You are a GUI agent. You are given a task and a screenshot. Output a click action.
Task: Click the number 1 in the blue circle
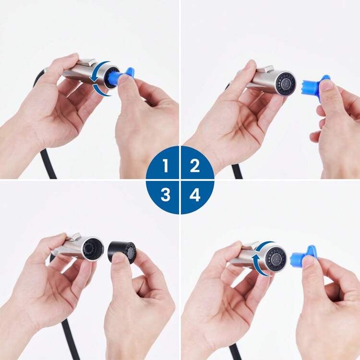(x=166, y=166)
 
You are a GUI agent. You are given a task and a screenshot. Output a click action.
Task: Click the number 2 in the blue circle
(x=195, y=166)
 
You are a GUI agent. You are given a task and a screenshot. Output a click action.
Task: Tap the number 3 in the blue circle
(x=165, y=195)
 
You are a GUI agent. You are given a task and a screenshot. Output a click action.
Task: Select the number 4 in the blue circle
(x=195, y=195)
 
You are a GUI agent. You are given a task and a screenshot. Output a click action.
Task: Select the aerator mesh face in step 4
(x=276, y=259)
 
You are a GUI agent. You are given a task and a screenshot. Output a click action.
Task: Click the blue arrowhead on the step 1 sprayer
(x=93, y=79)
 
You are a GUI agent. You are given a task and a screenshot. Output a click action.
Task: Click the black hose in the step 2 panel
(x=237, y=171)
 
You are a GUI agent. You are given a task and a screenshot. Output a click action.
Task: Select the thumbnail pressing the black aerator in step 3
(x=119, y=258)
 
